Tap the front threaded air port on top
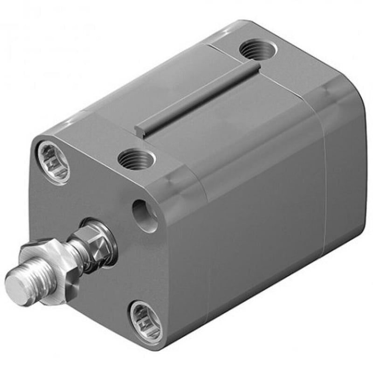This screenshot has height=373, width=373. pyautogui.click(x=136, y=160)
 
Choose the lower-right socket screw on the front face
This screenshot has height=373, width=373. pyautogui.click(x=145, y=320)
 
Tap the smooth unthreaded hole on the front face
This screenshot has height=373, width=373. pyautogui.click(x=145, y=215)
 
